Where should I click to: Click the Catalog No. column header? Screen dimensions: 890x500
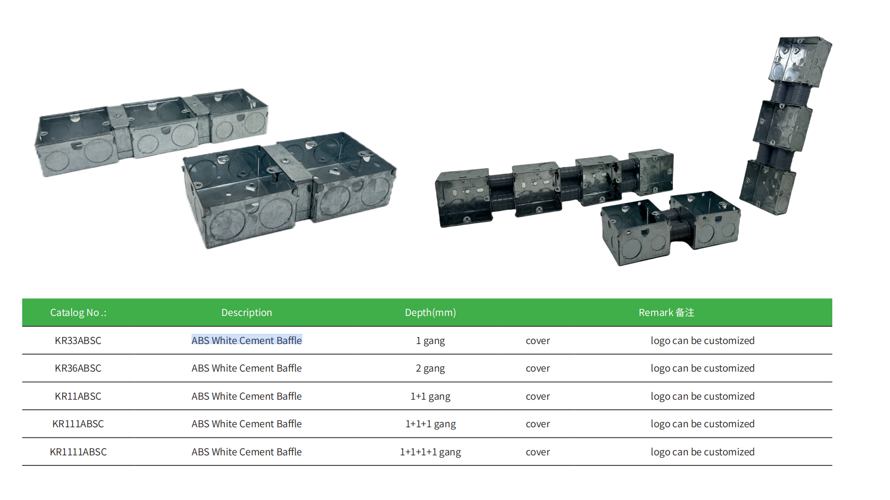coord(78,312)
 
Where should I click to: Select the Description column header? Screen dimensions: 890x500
coord(247,312)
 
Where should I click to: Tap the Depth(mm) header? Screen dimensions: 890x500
coord(430,312)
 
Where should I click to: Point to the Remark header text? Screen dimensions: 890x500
coord(666,312)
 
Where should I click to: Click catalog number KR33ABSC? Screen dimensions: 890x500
coord(78,341)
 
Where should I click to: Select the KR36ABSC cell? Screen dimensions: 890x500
coord(78,368)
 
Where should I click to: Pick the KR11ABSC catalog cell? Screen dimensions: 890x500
coord(78,396)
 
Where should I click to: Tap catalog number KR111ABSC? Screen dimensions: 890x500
coord(78,424)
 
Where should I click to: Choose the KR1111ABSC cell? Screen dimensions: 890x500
coord(78,452)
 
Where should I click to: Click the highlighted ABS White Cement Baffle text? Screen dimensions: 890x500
coord(247,341)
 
